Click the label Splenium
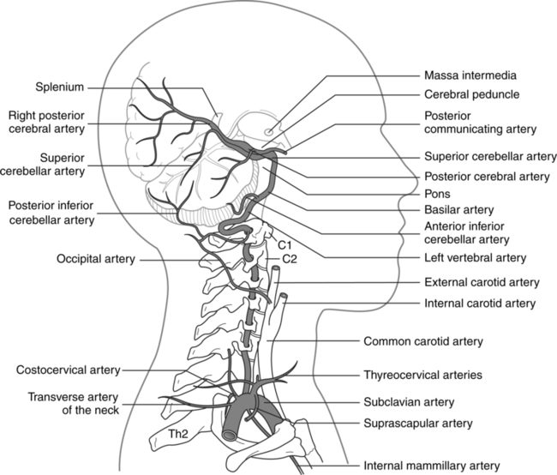click(61, 86)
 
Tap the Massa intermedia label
click(470, 75)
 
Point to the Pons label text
click(438, 193)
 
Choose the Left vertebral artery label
click(474, 257)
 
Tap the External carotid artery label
click(482, 281)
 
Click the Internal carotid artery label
click(481, 303)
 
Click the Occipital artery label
click(93, 258)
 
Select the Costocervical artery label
click(69, 370)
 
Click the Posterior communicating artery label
click(480, 122)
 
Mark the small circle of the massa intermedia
click(269, 132)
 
